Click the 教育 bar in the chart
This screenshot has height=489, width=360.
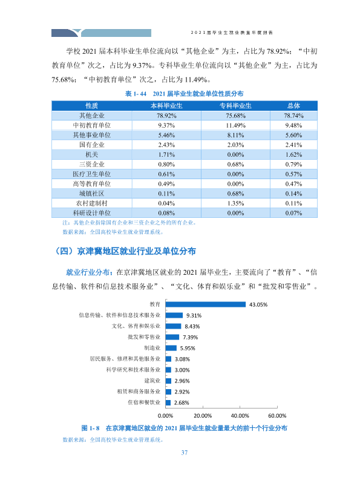205,304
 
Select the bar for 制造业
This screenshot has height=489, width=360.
171,348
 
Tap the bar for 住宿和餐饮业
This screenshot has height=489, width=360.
168,402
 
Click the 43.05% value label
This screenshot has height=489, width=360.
258,304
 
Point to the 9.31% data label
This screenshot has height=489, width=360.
194,315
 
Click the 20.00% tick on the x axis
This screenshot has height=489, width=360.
203,415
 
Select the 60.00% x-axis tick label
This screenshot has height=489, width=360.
277,415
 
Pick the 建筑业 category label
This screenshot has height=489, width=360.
152,381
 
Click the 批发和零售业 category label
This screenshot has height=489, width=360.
144,337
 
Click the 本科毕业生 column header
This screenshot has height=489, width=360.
166,106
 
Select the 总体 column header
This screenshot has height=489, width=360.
293,106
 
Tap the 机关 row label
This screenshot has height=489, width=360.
91,154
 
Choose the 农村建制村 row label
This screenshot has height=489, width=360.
91,203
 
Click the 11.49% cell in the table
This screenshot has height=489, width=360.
235,125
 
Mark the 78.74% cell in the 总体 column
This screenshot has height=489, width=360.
293,116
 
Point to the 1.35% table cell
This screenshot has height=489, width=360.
235,203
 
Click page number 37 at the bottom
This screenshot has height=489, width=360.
185,453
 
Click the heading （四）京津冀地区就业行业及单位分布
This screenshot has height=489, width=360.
124,251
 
